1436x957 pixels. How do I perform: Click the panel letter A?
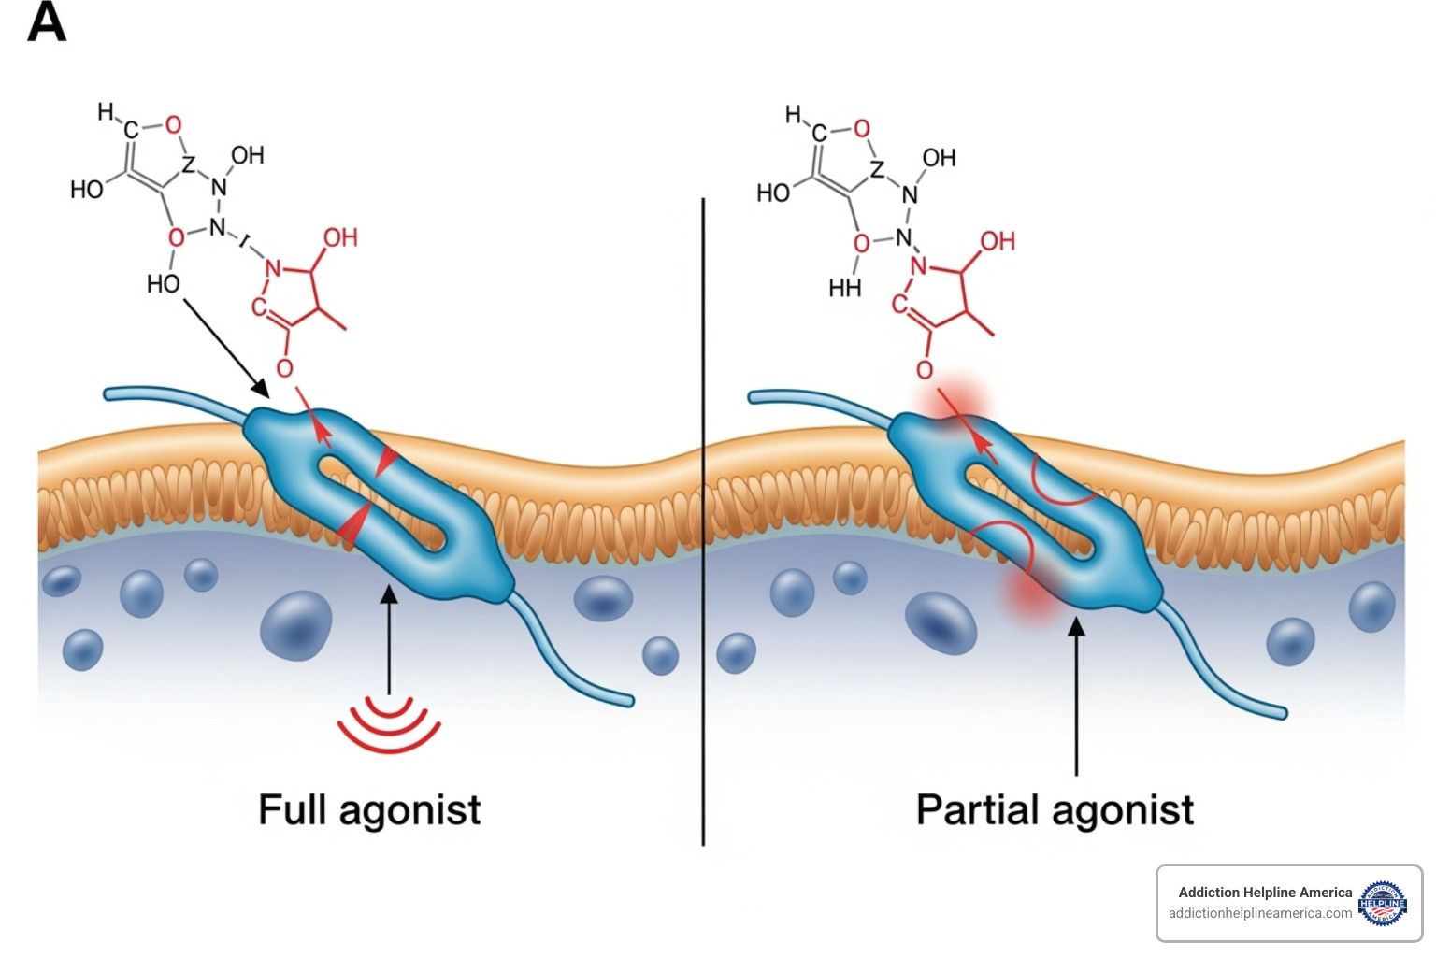(47, 22)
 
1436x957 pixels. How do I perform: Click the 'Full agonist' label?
(369, 810)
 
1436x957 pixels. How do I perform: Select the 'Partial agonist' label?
(1055, 810)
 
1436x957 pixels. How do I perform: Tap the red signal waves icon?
(389, 723)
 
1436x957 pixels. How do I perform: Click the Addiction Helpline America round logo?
(1382, 903)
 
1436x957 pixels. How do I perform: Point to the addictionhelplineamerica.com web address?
(1259, 913)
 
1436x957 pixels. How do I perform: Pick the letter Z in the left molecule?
(189, 164)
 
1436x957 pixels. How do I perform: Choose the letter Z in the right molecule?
(877, 169)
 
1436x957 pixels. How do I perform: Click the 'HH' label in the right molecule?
(844, 288)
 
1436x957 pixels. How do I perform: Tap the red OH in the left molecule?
(340, 237)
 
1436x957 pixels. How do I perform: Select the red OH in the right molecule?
(998, 241)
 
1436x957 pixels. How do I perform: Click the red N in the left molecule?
(272, 269)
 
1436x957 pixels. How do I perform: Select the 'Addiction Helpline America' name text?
(1265, 893)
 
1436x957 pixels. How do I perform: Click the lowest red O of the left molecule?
(284, 368)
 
